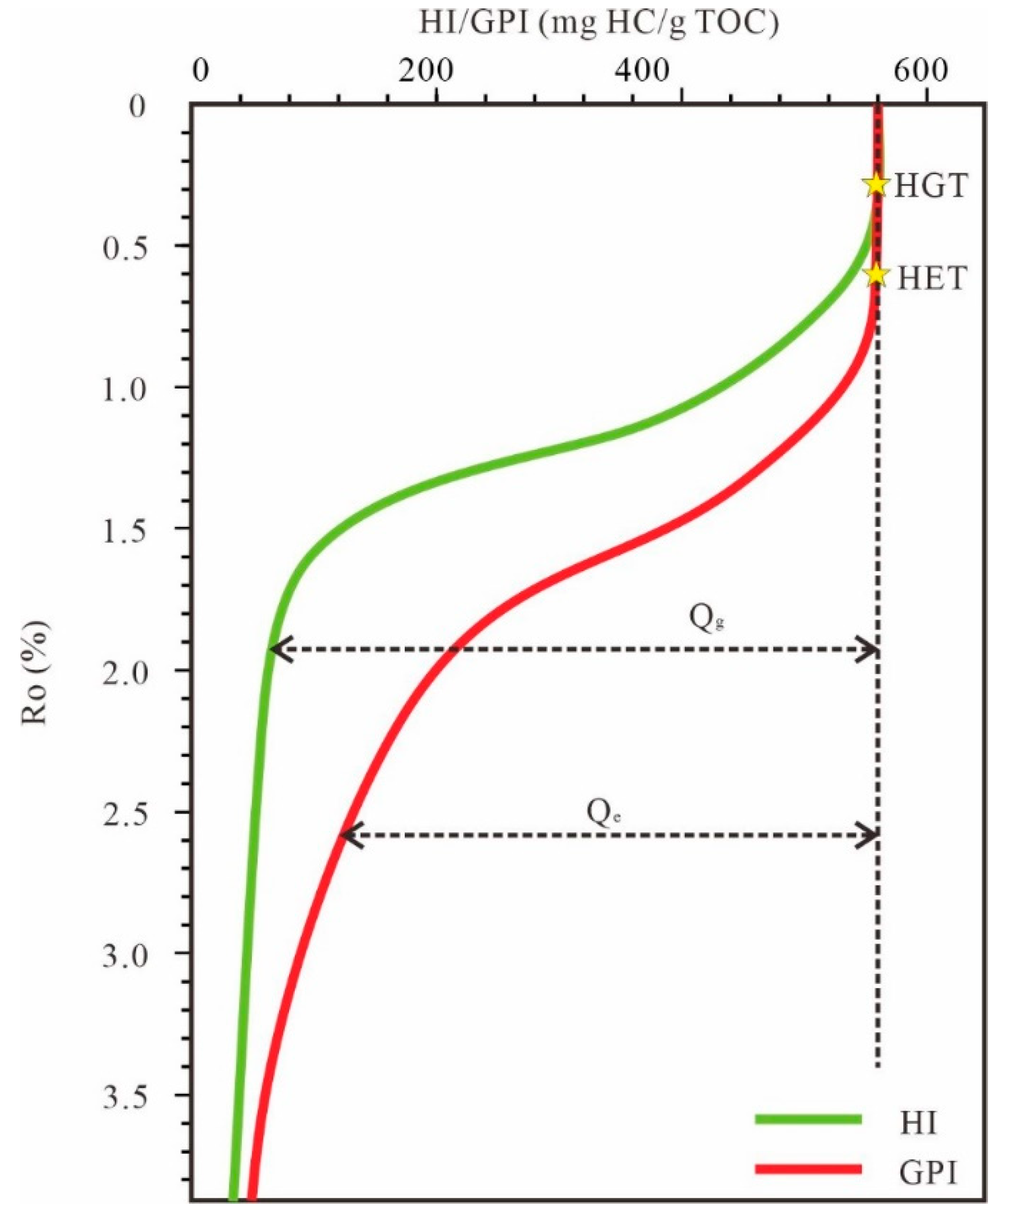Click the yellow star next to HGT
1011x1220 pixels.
click(x=876, y=185)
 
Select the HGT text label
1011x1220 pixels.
click(x=930, y=186)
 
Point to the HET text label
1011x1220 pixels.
click(x=931, y=278)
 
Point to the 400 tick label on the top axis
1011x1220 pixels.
click(x=644, y=71)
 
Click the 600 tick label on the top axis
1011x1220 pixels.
click(x=921, y=71)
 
